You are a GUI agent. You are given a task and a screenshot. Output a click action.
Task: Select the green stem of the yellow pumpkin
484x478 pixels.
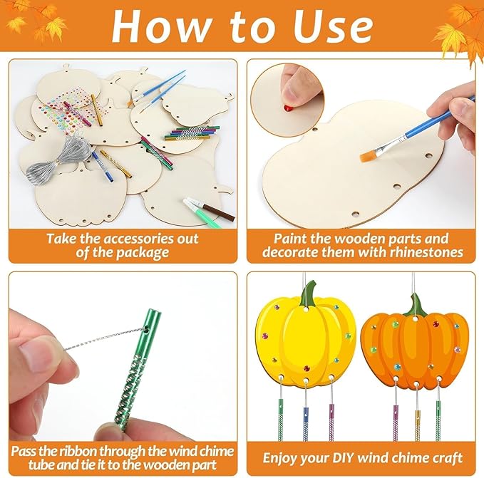308,293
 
